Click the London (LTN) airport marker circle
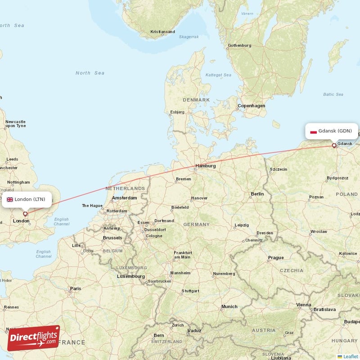pos(25,214)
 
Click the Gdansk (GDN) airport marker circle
pos(334,145)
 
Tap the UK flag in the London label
pos(10,199)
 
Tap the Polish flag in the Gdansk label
pos(313,131)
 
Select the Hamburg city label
pos(206,166)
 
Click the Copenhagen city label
pos(252,106)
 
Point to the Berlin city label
pos(257,194)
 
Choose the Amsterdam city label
pos(124,198)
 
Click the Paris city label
pos(75,288)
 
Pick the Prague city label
pos(276,258)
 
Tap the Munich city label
pos(229,306)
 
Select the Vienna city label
pos(303,305)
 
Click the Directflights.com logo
pos(33,338)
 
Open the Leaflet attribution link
pos(351,356)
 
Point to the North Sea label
pos(90,73)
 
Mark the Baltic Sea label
pos(333,94)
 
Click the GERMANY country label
pos(196,224)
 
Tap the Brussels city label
pos(112,238)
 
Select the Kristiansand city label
pos(162,32)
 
